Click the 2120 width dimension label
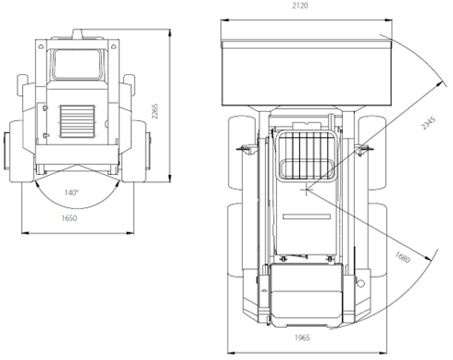(300, 5)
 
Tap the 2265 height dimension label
(155, 111)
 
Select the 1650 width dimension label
(70, 218)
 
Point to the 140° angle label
(72, 192)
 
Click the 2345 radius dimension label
(428, 123)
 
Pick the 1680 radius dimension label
(403, 257)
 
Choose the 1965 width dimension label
(303, 337)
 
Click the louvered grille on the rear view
(77, 122)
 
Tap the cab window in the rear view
(77, 64)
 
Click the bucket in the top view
(306, 72)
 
